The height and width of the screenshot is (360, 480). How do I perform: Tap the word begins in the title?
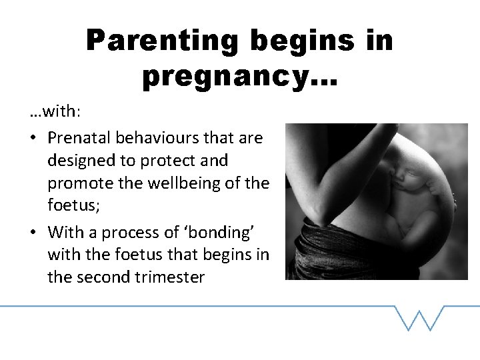[x=299, y=41]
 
